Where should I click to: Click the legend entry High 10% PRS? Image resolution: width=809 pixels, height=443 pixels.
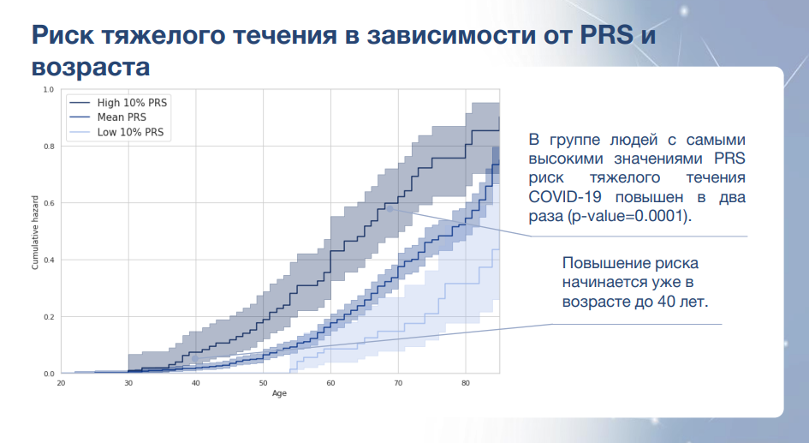pyautogui.click(x=118, y=103)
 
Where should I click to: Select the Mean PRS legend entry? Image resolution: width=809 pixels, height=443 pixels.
pyautogui.click(x=108, y=117)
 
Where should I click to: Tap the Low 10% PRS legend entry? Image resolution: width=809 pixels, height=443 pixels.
pyautogui.click(x=116, y=132)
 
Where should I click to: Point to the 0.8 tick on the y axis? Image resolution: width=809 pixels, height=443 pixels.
pyautogui.click(x=49, y=147)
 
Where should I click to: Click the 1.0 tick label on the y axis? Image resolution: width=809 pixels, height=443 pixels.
pyautogui.click(x=49, y=89)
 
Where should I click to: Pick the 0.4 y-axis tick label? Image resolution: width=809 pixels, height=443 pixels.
pyautogui.click(x=49, y=260)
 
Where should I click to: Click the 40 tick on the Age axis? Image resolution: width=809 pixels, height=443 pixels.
pyautogui.click(x=195, y=383)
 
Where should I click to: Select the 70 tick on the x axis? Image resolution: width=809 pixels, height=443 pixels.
pyautogui.click(x=398, y=383)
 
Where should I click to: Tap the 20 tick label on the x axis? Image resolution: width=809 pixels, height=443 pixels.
pyautogui.click(x=61, y=383)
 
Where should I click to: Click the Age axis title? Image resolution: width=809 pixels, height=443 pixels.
pyautogui.click(x=279, y=393)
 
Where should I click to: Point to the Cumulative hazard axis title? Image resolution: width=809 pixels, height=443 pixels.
pyautogui.click(x=35, y=232)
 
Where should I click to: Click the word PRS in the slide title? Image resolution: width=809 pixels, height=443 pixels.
pyautogui.click(x=607, y=34)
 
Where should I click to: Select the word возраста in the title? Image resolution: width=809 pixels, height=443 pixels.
pyautogui.click(x=91, y=67)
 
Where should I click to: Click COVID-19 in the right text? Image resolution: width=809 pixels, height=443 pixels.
pyautogui.click(x=565, y=197)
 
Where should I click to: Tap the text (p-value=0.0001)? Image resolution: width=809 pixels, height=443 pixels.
pyautogui.click(x=629, y=216)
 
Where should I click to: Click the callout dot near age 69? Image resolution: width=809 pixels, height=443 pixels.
pyautogui.click(x=390, y=209)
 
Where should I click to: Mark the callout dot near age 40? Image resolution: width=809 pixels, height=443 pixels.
pyautogui.click(x=195, y=358)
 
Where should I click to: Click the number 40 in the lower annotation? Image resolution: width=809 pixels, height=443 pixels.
pyautogui.click(x=667, y=301)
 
